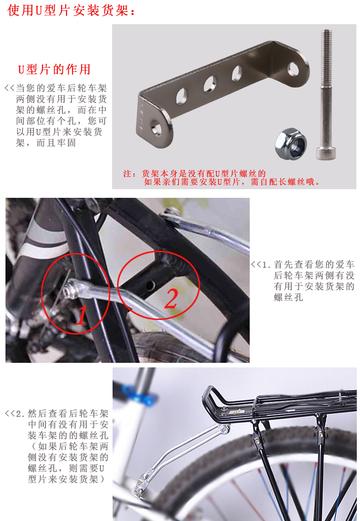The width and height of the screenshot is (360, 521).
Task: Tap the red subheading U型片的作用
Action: point(54,69)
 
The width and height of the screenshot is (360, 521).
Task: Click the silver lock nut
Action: point(291,144)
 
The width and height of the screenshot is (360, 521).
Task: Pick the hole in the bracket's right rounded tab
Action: point(293,69)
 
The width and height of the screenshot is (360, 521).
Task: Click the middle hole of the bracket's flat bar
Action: point(210,84)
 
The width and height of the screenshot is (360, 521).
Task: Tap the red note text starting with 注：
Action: point(221,177)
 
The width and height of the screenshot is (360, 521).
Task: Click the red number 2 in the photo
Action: point(171,298)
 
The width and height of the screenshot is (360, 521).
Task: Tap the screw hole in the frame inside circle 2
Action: point(151,285)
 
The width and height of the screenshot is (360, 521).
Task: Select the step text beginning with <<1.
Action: point(303,281)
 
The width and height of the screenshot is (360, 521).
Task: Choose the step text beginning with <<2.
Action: point(57,446)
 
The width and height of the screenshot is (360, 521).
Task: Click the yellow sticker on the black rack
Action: point(236,412)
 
